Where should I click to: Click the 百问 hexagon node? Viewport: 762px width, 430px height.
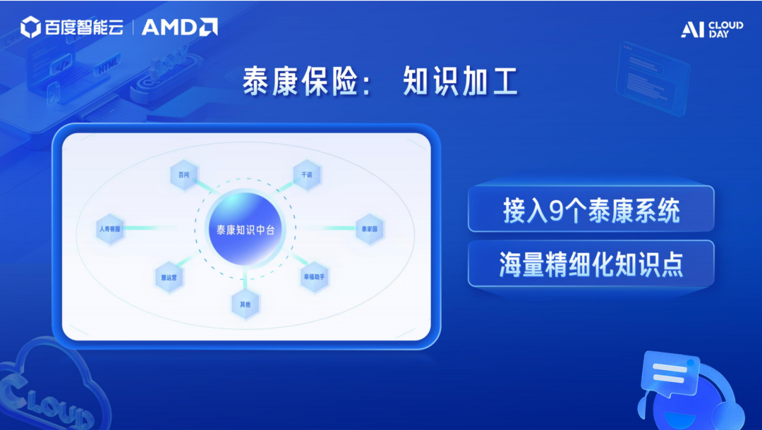pos(184,175)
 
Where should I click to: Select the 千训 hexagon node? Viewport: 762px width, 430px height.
pos(306,175)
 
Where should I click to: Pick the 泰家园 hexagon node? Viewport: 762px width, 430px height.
pos(370,229)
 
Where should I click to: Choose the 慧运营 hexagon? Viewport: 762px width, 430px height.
pos(169,278)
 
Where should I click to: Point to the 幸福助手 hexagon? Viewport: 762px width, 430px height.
pos(315,278)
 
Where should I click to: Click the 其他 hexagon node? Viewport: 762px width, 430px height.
pos(245,304)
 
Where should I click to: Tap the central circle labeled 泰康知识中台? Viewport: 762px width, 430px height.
pos(245,230)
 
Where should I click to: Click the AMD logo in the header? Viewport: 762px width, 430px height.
pos(179,27)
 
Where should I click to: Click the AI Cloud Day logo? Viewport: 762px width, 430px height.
pos(711,29)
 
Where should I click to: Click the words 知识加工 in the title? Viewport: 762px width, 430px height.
pos(460,82)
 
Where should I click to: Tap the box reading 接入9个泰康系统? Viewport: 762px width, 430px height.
pos(591,209)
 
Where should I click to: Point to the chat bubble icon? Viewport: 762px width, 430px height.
pos(670,374)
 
